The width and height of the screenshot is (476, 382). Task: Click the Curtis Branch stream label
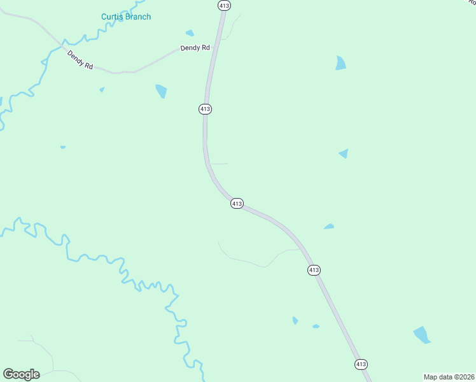tap(126, 17)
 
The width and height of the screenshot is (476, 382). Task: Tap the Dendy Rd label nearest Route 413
tap(195, 48)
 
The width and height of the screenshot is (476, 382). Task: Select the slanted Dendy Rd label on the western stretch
tap(80, 60)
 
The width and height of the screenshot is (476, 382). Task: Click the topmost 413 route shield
tap(223, 5)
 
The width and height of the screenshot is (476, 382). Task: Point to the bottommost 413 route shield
tap(361, 364)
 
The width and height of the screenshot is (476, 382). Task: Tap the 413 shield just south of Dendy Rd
tap(204, 109)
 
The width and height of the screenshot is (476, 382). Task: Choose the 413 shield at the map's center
tap(236, 203)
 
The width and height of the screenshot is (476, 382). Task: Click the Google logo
tap(21, 374)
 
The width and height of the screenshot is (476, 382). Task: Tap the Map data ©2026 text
tap(448, 377)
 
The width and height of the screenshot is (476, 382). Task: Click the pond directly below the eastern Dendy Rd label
tap(161, 91)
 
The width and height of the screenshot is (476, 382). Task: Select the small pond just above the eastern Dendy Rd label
tap(190, 33)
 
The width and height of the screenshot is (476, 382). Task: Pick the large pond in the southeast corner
tap(421, 334)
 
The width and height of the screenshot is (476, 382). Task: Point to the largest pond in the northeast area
tap(341, 62)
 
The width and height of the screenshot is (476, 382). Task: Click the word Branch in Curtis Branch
tap(137, 17)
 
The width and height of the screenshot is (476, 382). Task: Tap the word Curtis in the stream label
tap(113, 17)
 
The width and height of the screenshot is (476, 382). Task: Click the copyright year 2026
tap(465, 377)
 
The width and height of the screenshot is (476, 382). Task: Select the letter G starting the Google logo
tap(8, 374)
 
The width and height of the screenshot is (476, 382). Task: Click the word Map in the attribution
tap(431, 377)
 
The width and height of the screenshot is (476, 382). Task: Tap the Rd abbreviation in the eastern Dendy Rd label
tap(205, 48)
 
